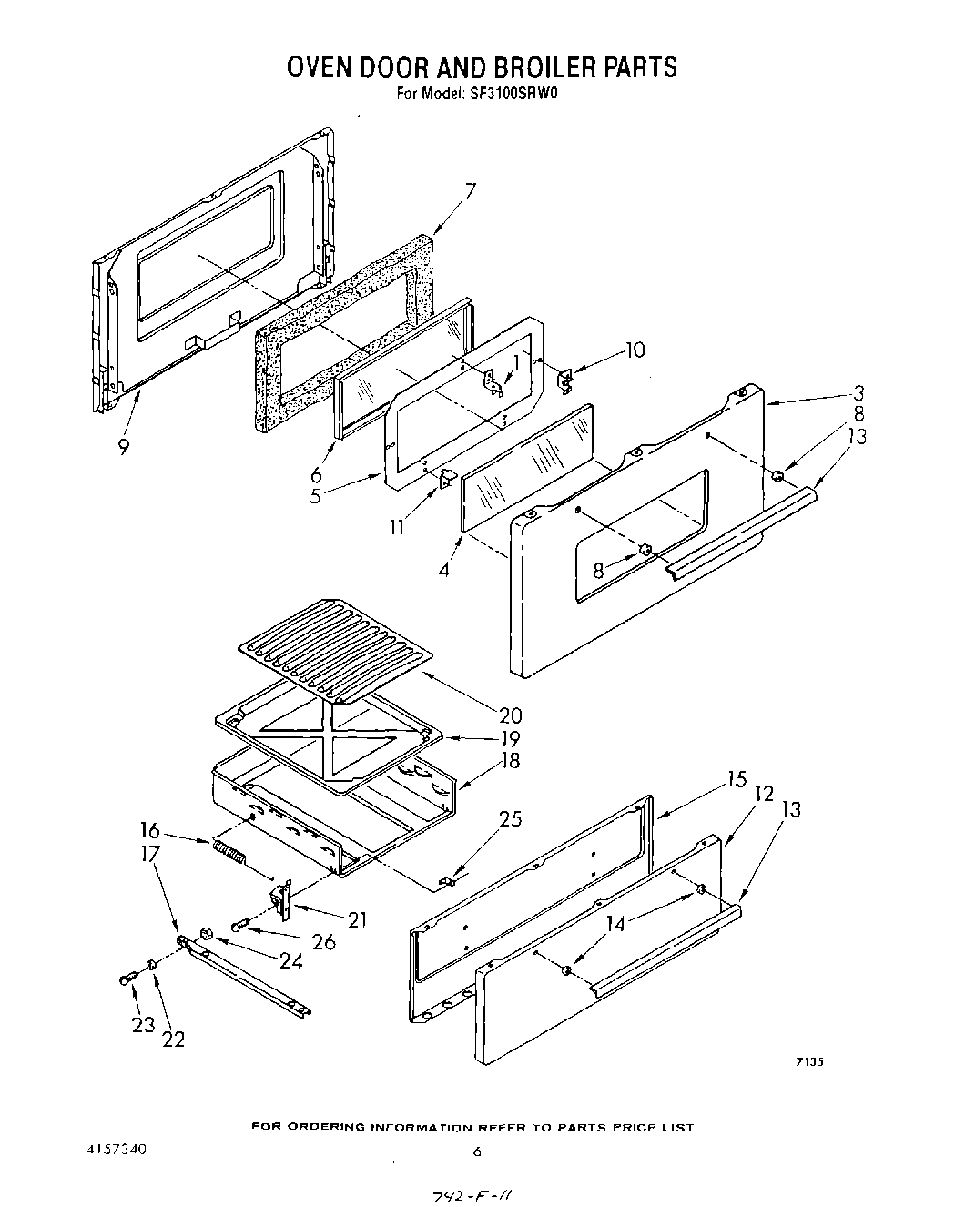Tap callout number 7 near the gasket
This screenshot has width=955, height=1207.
point(470,190)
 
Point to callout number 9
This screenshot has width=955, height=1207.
point(123,447)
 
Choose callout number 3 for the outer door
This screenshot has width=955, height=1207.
point(858,393)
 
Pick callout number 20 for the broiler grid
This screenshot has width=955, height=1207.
point(510,715)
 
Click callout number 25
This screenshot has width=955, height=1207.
point(511,818)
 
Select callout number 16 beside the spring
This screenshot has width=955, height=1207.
point(150,830)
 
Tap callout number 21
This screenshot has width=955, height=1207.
point(356,919)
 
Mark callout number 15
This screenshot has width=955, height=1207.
point(737,780)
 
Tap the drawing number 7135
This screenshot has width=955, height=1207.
point(809,1060)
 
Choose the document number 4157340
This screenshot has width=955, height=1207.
point(113,1150)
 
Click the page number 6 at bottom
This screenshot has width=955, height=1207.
point(476,1151)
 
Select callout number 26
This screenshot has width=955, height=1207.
point(323,941)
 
